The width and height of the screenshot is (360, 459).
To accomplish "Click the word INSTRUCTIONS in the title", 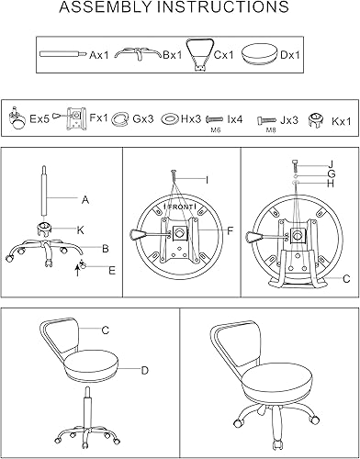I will tap(228, 10).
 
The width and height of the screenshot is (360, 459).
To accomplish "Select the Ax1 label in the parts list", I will tap(99, 56).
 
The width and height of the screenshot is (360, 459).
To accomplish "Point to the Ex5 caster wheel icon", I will tap(16, 117).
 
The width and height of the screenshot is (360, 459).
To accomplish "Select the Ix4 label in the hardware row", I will tap(235, 118).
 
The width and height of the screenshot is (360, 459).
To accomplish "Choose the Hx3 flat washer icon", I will tap(170, 118).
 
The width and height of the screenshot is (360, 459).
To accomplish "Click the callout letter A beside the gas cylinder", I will tap(84, 198).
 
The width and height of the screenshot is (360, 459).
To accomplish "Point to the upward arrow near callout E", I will tap(76, 266).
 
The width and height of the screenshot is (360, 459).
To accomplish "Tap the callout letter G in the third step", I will tap(330, 174).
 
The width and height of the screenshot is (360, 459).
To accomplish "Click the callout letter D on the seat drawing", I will tap(144, 370).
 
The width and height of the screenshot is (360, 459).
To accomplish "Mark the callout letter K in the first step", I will tap(80, 229).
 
